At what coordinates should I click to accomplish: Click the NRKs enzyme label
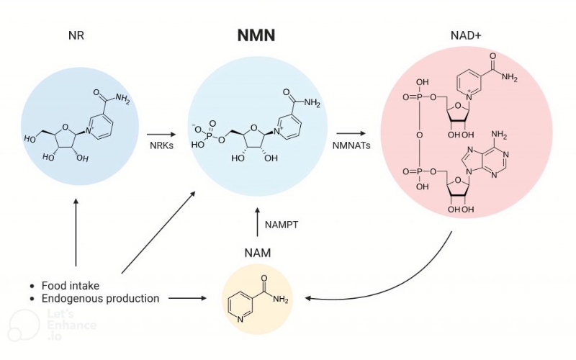163,147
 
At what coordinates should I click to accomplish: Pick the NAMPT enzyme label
282,225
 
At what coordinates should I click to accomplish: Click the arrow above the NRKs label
161,133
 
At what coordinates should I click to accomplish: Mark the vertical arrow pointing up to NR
76,230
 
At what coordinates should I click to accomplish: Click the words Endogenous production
100,298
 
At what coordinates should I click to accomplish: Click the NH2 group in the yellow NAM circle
281,300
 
